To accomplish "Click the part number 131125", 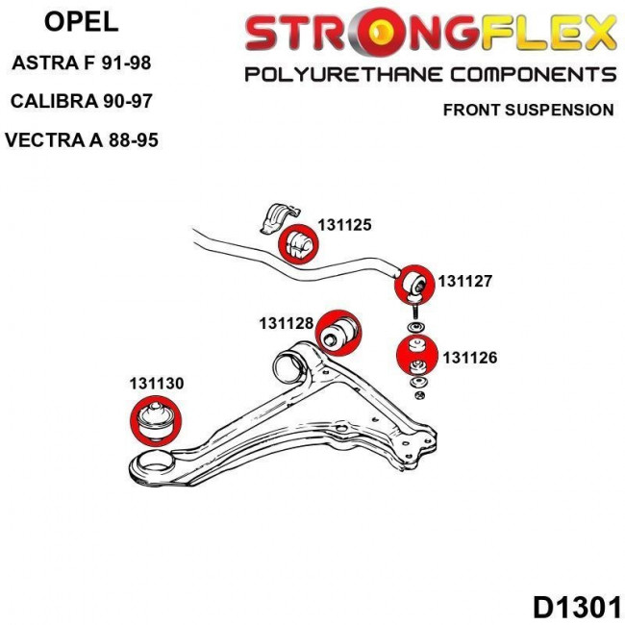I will pos(343,226).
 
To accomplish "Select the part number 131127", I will pos(465,282).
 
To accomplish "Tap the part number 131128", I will pos(286,323).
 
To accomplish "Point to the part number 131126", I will pos(470,358).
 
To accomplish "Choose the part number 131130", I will pos(156,383).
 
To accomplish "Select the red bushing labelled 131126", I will pos(416,357).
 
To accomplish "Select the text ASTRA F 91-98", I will pos(81,65).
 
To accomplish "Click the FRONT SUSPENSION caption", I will pos(527,110).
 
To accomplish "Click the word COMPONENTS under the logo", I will pos(533,75).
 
